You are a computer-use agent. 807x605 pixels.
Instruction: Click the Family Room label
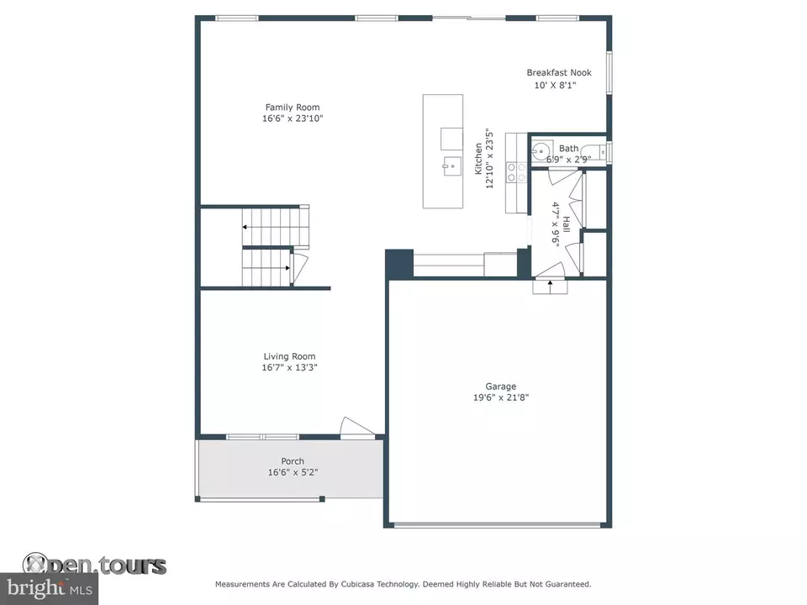(293, 107)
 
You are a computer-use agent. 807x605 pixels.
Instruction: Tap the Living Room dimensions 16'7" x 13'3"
(289, 367)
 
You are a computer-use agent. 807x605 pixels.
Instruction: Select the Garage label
(501, 387)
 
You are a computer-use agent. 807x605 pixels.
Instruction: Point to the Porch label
(293, 461)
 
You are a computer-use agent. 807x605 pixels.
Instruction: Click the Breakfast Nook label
(559, 72)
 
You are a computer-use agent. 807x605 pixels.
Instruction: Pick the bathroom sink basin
(541, 152)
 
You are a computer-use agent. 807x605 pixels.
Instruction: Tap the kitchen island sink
(451, 166)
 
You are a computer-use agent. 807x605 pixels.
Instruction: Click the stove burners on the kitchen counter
(516, 172)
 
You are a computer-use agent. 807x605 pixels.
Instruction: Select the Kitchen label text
(478, 159)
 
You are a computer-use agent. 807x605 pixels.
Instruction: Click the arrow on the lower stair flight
(287, 267)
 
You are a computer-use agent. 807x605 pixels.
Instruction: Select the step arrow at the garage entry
(550, 287)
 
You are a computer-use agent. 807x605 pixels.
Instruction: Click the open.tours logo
(94, 565)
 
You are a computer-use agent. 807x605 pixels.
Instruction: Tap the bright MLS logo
(50, 588)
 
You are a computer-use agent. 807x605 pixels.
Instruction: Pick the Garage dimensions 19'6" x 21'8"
(501, 397)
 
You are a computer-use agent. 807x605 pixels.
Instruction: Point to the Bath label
(569, 148)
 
